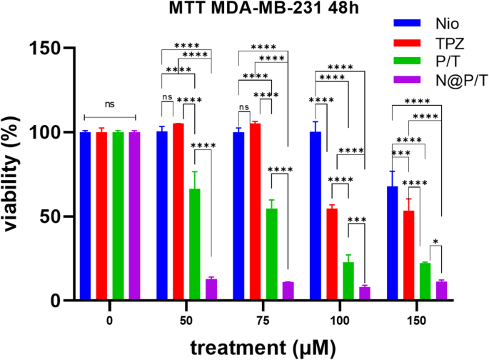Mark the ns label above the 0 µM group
[x=109, y=104]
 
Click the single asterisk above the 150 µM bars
[x=435, y=241]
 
